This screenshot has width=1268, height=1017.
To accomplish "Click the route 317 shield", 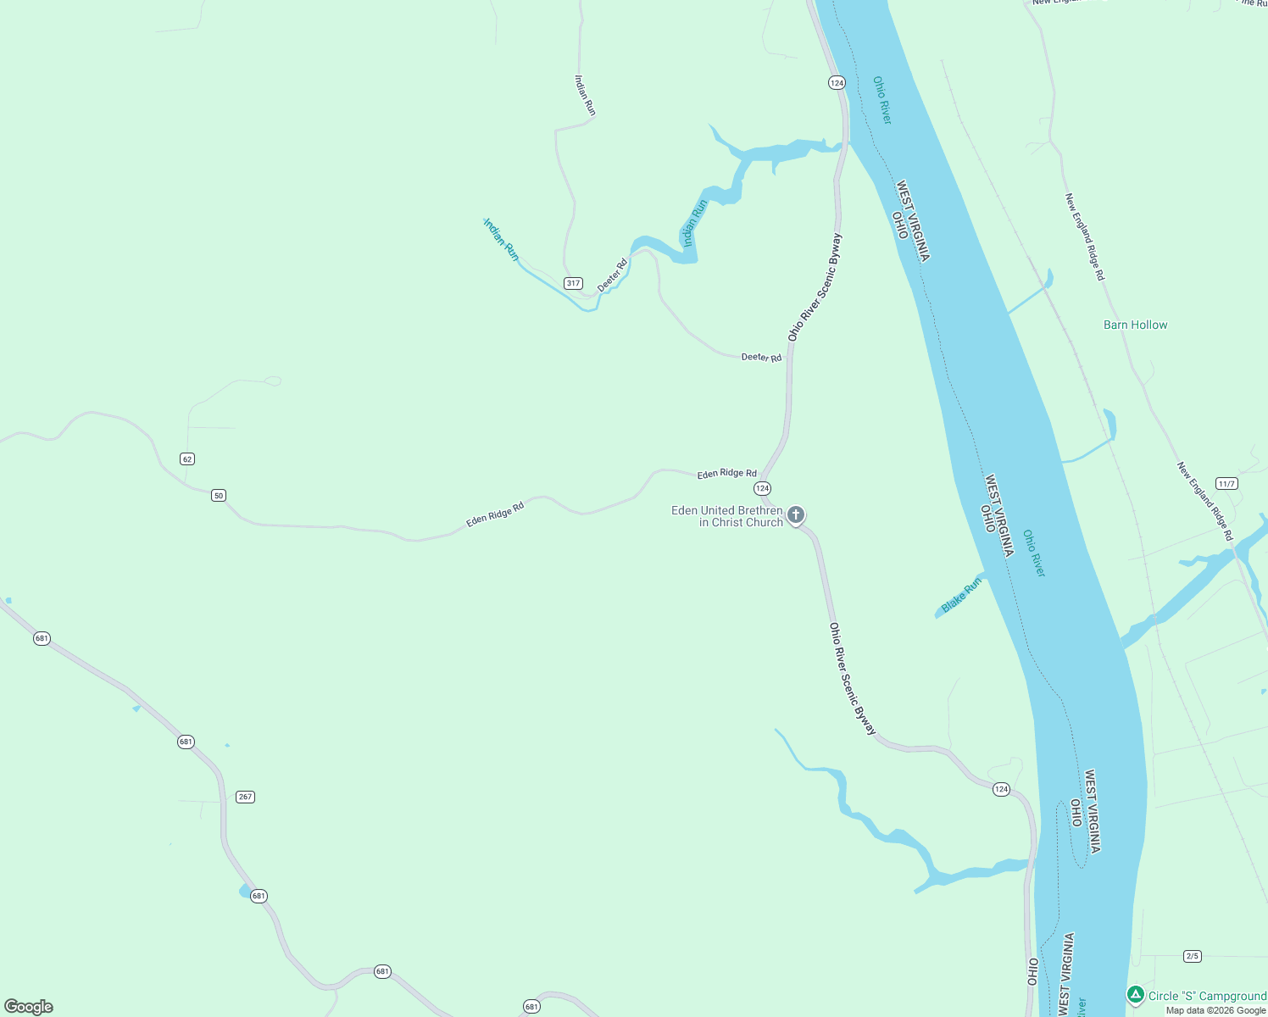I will (574, 283).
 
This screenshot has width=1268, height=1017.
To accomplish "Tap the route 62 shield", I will (187, 458).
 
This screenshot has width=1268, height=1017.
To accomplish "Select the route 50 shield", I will (219, 495).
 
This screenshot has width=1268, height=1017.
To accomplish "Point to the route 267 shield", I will (245, 797).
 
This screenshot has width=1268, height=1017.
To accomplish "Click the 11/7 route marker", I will (1226, 483).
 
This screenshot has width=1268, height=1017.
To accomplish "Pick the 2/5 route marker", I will (1193, 956).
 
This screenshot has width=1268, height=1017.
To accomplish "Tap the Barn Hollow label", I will (1135, 325).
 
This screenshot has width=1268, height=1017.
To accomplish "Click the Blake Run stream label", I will (962, 594).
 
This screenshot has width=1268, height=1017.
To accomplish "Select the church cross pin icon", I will (796, 514).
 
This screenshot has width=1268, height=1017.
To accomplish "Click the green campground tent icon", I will (1136, 994).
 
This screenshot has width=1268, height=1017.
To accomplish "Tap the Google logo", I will (29, 1007).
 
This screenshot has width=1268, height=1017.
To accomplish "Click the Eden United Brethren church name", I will (727, 516).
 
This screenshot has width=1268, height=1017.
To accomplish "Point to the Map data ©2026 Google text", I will (1215, 1010).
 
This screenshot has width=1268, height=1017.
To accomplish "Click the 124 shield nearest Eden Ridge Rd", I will (762, 488).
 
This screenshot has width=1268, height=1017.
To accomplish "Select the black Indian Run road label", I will (585, 95).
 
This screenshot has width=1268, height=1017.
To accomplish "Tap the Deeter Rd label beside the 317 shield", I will (612, 275).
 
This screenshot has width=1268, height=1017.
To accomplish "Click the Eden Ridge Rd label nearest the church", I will (726, 474).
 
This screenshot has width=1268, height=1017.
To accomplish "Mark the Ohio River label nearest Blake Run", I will (1034, 553).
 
